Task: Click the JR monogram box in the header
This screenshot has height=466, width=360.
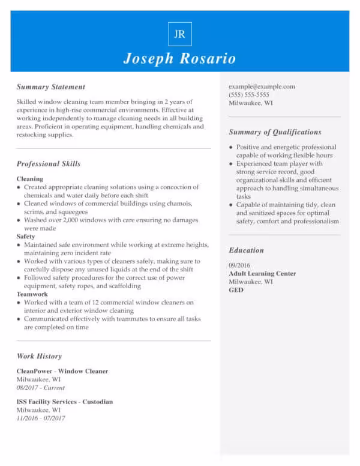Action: (x=179, y=34)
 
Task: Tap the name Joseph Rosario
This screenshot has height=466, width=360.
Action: (x=179, y=58)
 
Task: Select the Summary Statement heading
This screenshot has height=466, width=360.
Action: (x=51, y=87)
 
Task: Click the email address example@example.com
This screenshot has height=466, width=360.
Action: (x=262, y=86)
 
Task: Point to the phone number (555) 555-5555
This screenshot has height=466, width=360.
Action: (x=248, y=95)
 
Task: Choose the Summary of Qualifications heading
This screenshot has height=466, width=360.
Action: (x=275, y=132)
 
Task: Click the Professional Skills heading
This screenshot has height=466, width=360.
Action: (x=49, y=164)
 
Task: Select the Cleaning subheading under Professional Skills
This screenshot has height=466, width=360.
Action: (x=30, y=179)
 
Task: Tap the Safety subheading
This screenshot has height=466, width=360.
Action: (x=26, y=237)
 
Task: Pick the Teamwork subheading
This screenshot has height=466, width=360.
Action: (x=32, y=294)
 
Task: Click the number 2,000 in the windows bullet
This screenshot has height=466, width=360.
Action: (x=70, y=220)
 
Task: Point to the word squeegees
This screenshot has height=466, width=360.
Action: (x=73, y=212)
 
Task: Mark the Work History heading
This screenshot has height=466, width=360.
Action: (x=39, y=356)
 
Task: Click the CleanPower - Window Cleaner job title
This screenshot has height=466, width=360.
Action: (x=62, y=371)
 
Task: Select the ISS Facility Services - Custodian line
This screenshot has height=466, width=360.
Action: (x=65, y=402)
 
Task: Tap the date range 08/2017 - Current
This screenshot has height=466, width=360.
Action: (x=41, y=388)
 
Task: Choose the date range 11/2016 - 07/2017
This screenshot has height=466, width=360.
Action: (x=41, y=419)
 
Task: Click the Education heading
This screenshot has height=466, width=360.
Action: (x=246, y=250)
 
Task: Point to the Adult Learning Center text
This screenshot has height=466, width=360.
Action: (x=262, y=274)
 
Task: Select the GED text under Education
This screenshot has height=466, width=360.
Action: (x=236, y=290)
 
